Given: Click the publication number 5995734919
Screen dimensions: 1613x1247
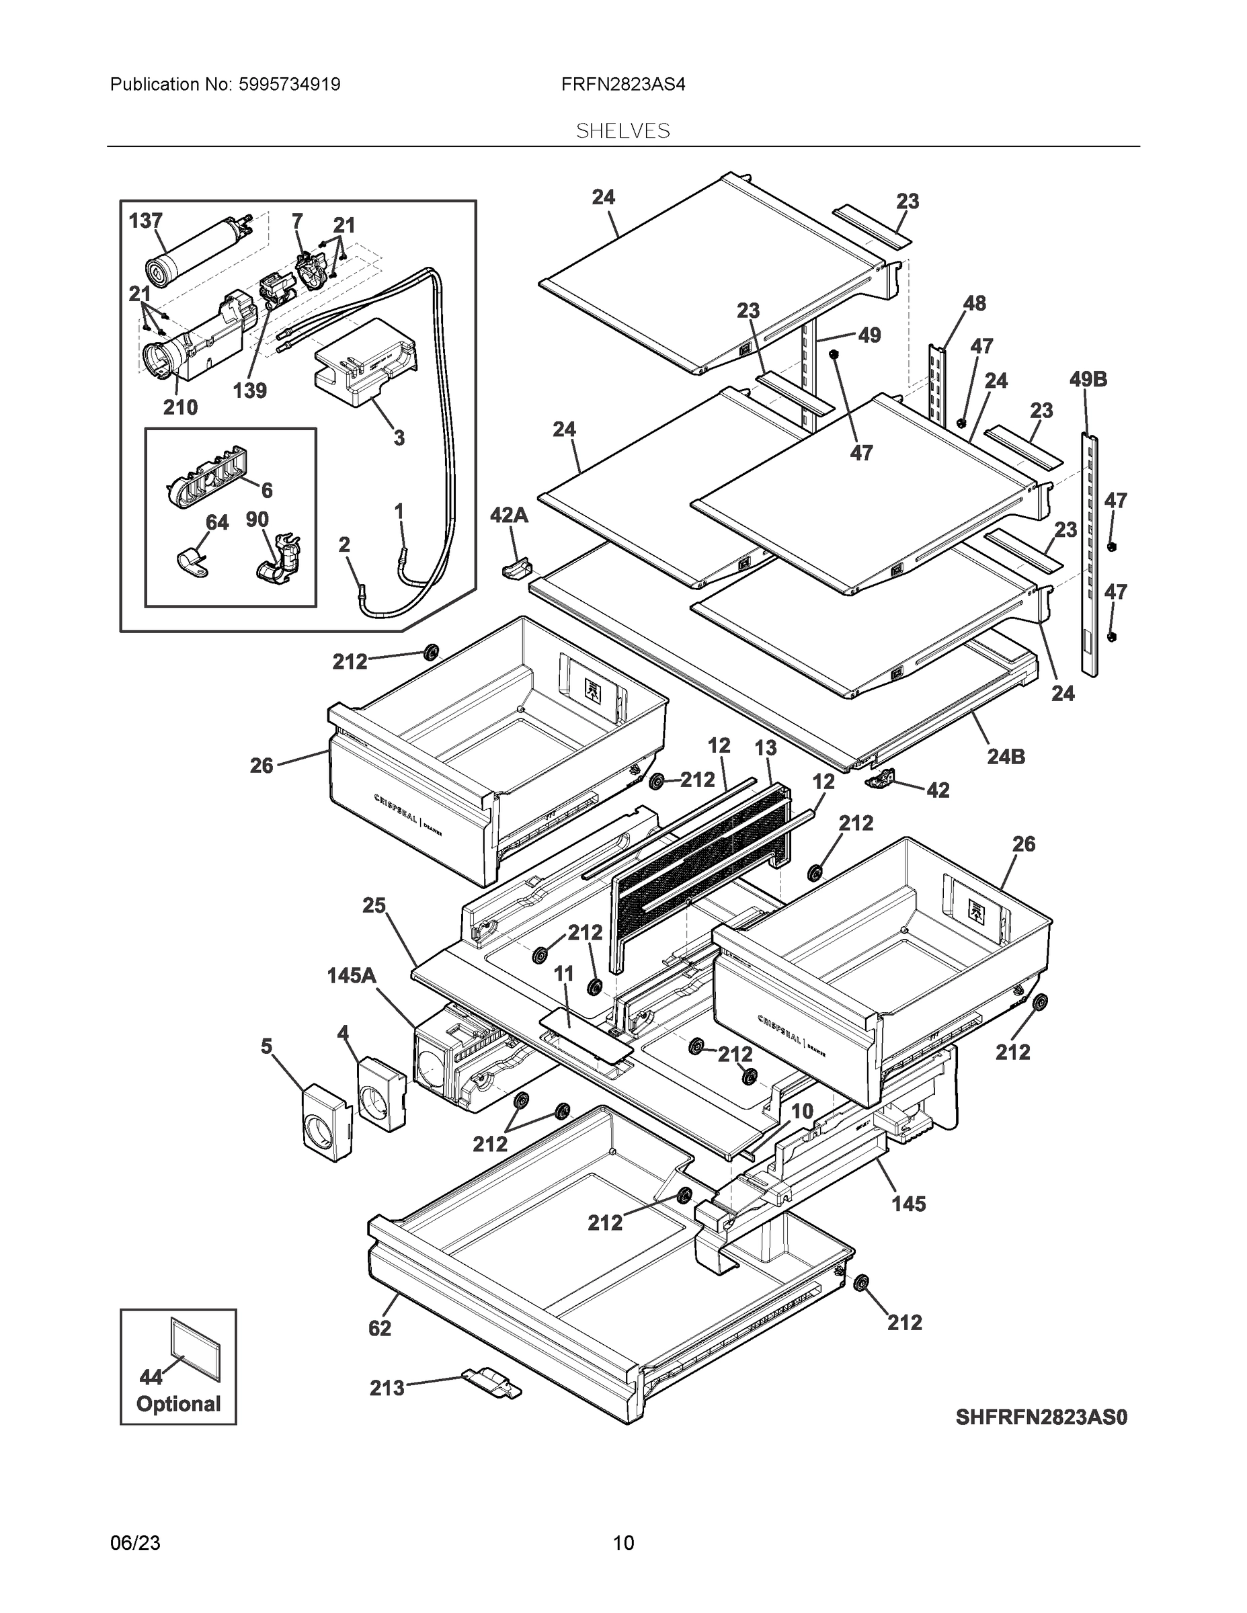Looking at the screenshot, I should [289, 84].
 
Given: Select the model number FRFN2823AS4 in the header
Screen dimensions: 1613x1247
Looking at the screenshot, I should [622, 84].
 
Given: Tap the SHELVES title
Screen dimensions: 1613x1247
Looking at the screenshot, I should [622, 131].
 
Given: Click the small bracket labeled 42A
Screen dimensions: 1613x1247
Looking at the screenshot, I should [517, 569].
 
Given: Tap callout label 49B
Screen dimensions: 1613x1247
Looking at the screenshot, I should [1088, 380].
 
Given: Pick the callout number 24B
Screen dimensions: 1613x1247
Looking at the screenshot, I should [1006, 756].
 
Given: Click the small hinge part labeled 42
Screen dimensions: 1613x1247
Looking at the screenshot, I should [881, 778].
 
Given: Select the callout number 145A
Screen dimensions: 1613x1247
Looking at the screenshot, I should [352, 976].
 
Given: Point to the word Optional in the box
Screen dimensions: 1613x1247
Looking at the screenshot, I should [178, 1404].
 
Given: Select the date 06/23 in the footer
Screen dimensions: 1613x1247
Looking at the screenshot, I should [135, 1543].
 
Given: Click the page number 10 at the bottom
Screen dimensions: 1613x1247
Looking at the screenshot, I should [622, 1543].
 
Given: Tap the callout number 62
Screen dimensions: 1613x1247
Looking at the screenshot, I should [379, 1328].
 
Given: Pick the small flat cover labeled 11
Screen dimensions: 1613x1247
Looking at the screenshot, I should [585, 1032].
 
